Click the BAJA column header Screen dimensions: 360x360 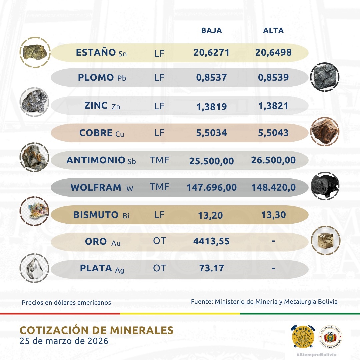click(211, 31)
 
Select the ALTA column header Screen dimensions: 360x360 click(273, 31)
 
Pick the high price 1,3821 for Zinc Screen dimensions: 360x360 click(273, 106)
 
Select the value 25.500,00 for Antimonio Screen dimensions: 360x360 click(211, 161)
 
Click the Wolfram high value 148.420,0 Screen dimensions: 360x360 click(273, 187)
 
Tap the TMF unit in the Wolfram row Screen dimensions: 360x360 click(160, 187)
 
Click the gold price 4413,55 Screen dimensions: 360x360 click(211, 241)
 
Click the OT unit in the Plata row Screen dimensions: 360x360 click(159, 268)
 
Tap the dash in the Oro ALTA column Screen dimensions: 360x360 click(273, 241)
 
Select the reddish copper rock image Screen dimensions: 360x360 click(324, 132)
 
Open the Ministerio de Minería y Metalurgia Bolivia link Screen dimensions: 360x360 click(276, 302)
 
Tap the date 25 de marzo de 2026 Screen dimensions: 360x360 click(64, 341)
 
